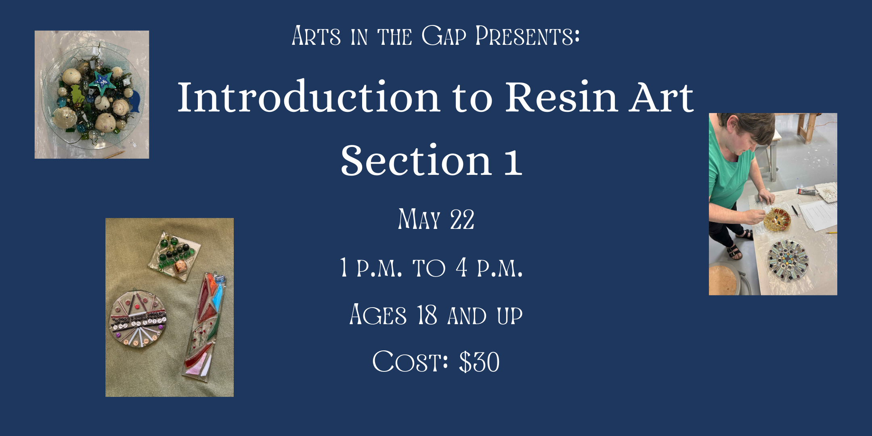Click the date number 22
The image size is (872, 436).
(462, 220)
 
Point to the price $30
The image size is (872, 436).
(479, 362)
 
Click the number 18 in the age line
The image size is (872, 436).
(427, 315)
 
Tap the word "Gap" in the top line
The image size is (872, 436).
(443, 36)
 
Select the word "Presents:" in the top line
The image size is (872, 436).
(527, 36)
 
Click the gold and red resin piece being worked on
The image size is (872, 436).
(777, 220)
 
